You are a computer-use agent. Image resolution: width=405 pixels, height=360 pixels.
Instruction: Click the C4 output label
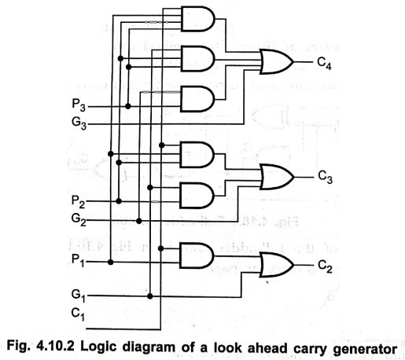pyautogui.click(x=324, y=64)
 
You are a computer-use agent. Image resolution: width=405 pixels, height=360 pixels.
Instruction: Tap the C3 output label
pyautogui.click(x=325, y=177)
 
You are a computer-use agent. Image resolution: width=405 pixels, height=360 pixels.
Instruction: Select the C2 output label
pyautogui.click(x=325, y=266)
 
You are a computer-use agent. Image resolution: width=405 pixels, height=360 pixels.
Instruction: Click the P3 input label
pyautogui.click(x=79, y=105)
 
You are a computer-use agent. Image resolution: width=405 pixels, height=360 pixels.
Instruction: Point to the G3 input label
pyautogui.click(x=79, y=123)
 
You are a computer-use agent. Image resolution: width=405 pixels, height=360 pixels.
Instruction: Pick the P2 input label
pyautogui.click(x=79, y=202)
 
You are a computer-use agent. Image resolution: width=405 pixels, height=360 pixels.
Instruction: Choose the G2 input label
pyautogui.click(x=79, y=219)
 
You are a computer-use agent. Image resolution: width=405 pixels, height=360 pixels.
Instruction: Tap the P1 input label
pyautogui.click(x=78, y=260)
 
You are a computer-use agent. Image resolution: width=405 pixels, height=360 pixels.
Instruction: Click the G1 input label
pyautogui.click(x=79, y=296)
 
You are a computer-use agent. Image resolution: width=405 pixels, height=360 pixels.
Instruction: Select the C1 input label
pyautogui.click(x=78, y=314)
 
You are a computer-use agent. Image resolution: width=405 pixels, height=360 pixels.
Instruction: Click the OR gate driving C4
pyautogui.click(x=277, y=62)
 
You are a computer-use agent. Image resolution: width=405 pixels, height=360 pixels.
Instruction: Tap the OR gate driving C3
pyautogui.click(x=277, y=177)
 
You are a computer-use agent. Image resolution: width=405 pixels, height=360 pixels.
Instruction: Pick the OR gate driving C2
pyautogui.click(x=277, y=265)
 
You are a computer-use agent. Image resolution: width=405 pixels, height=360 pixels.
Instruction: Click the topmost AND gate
pyautogui.click(x=198, y=19)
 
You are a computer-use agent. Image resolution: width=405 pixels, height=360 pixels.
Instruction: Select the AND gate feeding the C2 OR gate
pyautogui.click(x=197, y=255)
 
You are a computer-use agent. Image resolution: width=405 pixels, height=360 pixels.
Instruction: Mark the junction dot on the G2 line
pyautogui.click(x=139, y=221)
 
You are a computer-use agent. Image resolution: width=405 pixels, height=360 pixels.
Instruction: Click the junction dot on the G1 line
pyautogui.click(x=150, y=296)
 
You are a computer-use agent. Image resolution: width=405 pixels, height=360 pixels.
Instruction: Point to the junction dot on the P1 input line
pyautogui.click(x=111, y=262)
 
